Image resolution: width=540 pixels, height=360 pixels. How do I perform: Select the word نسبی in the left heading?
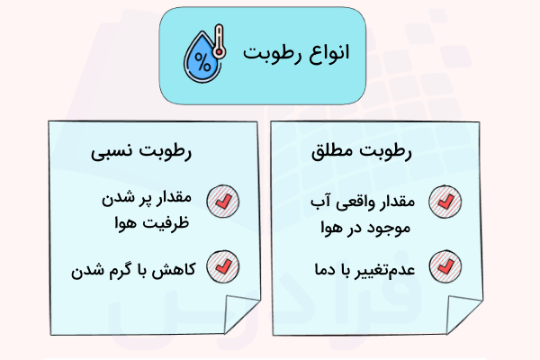point(104,153)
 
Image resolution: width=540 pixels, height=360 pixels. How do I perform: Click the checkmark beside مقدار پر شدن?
point(220,200)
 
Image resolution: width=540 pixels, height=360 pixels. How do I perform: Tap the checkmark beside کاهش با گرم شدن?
point(220,266)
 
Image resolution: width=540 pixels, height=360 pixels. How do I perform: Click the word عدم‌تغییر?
point(384,267)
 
